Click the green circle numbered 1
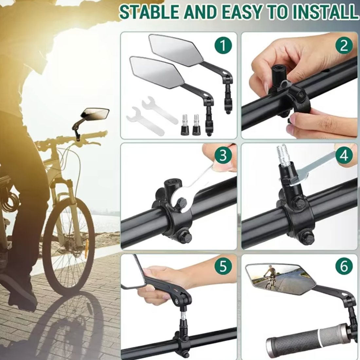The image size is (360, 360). pos(223,46)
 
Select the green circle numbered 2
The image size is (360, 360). pos(344,46)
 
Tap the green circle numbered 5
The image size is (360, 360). pos(223,266)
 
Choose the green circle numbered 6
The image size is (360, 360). pos(344,266)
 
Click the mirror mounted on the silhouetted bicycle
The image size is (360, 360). pos(95,114)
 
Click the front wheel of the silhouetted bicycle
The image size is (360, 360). pos(68,246)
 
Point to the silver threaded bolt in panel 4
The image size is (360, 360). pos(283,153)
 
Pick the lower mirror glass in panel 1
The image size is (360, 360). pos(157,72)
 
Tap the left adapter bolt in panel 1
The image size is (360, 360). pos(184,125)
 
